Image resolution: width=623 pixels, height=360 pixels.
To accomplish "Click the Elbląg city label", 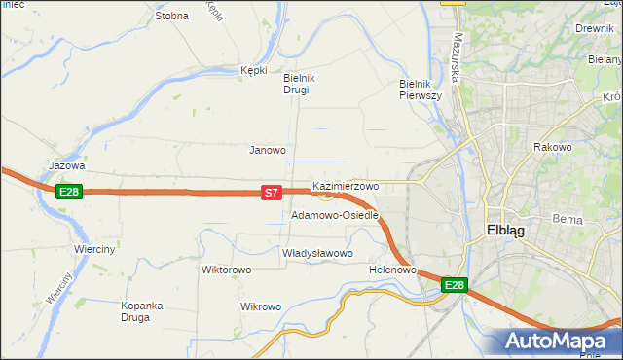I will click(x=504, y=232).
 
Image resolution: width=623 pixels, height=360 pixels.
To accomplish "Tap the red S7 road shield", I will click(x=273, y=195).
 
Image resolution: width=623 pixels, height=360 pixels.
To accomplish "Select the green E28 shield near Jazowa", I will click(x=68, y=192).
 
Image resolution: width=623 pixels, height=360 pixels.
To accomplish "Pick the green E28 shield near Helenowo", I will click(x=455, y=285).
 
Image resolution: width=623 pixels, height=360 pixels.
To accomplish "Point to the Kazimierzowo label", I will click(x=346, y=185).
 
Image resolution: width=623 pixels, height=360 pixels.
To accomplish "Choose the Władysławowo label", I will click(x=316, y=253).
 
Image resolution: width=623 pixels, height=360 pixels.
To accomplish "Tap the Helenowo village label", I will click(x=393, y=270).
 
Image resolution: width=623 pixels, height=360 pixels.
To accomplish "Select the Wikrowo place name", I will click(x=260, y=306).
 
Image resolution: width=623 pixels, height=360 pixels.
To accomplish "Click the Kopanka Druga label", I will click(x=141, y=311).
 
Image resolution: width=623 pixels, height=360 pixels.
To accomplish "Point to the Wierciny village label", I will click(x=94, y=249).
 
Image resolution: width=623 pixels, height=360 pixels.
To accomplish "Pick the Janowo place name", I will click(x=268, y=150).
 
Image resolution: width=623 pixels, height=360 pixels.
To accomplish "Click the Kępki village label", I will click(x=253, y=70).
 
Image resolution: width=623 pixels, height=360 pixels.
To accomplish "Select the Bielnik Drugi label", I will click(x=296, y=84).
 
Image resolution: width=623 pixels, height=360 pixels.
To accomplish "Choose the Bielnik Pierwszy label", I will click(x=421, y=90).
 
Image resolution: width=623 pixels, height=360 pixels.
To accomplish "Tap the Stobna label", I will click(x=171, y=16).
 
